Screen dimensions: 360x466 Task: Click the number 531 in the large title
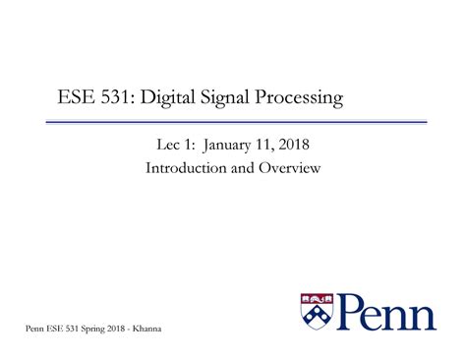point(118,98)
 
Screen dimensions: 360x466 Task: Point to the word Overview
point(292,168)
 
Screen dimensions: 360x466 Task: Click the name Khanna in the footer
point(144,328)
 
